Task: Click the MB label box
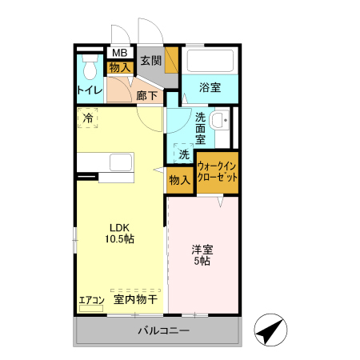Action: point(119,54)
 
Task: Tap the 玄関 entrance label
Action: point(151,61)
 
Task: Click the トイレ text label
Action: point(89,90)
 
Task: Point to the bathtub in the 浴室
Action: point(209,61)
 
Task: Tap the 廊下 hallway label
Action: point(146,96)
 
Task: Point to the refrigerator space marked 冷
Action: point(88,118)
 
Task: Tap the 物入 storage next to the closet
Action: point(179,179)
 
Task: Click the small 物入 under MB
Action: point(119,67)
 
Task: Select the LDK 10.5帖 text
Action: point(121,232)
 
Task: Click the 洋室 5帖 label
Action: point(202,254)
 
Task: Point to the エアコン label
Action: point(91,301)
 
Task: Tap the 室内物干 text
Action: point(135,300)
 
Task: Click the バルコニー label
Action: point(163,330)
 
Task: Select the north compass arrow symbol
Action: point(270,330)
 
